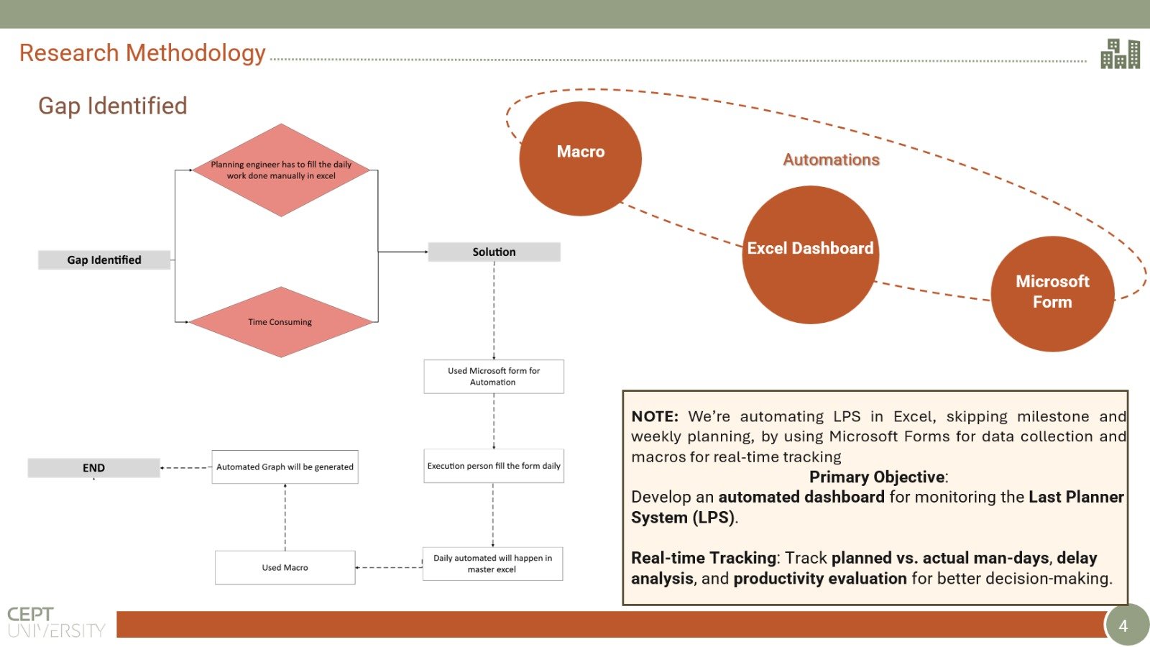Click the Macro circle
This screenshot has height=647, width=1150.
pyautogui.click(x=580, y=158)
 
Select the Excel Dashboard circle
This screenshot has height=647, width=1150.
pyautogui.click(x=810, y=254)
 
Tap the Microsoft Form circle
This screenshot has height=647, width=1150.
pyautogui.click(x=1052, y=294)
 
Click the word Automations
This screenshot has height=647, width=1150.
pyautogui.click(x=831, y=160)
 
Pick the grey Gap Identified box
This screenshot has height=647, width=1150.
pyautogui.click(x=104, y=260)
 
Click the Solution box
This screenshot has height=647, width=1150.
pyautogui.click(x=494, y=252)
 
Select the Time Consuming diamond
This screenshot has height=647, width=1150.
pyautogui.click(x=281, y=322)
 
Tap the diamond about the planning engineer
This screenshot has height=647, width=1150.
pyautogui.click(x=281, y=170)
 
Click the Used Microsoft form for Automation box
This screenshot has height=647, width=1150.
pyautogui.click(x=494, y=377)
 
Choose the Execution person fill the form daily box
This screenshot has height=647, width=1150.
pyautogui.click(x=494, y=466)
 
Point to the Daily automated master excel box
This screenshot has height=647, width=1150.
pyautogui.click(x=493, y=564)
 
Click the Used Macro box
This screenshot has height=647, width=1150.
pyautogui.click(x=285, y=567)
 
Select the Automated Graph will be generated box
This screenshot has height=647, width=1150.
pyautogui.click(x=285, y=467)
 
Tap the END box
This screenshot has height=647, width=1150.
pyautogui.click(x=94, y=468)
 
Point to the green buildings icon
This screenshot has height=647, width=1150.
pyautogui.click(x=1121, y=53)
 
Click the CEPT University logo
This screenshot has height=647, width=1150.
pyautogui.click(x=55, y=622)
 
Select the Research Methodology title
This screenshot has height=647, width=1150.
pyautogui.click(x=142, y=53)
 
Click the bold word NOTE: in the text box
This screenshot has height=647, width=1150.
pyautogui.click(x=655, y=416)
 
